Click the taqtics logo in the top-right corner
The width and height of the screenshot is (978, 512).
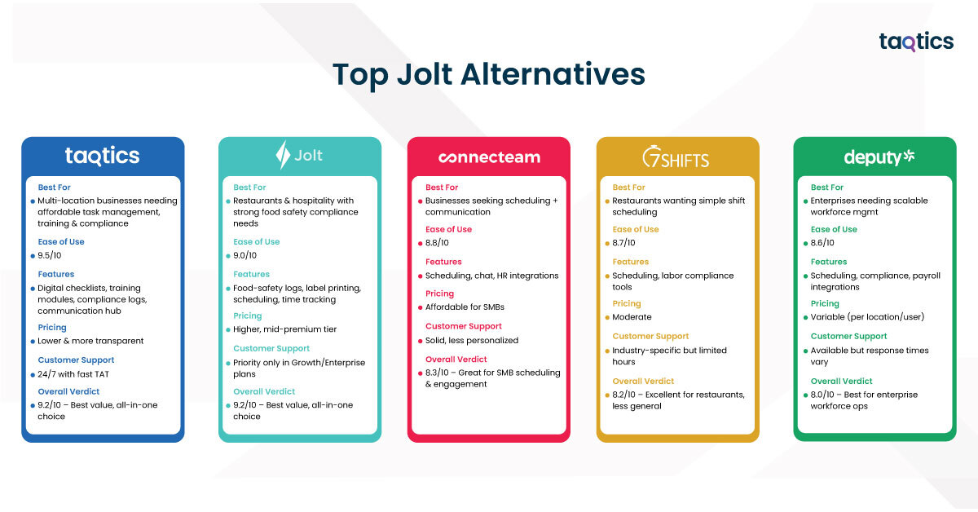[x=916, y=42]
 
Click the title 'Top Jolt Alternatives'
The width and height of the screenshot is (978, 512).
[x=488, y=75]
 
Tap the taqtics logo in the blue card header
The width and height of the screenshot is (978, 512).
[x=102, y=157]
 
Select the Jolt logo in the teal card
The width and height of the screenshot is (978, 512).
[x=299, y=155]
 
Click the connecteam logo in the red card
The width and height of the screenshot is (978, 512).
[x=489, y=157]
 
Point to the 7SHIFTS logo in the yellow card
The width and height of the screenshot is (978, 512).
[x=676, y=157]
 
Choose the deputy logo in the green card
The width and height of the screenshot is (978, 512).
[x=879, y=157]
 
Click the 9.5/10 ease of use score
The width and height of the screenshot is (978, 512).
[x=50, y=255]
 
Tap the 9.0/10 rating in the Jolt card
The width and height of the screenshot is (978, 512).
[x=245, y=255]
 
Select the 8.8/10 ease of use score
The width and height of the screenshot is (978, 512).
[x=437, y=243]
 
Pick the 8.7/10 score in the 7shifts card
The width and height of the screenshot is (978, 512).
[x=624, y=243]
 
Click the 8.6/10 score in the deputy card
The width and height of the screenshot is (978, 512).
[x=822, y=243]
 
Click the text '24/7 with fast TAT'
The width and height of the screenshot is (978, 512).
[x=73, y=374]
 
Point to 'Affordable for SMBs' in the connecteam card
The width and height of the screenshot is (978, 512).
[x=465, y=307]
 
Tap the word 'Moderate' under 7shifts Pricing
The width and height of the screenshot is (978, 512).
[x=632, y=317]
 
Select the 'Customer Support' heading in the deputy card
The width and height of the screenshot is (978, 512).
[x=848, y=337]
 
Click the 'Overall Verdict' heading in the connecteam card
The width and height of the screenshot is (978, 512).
[x=456, y=360]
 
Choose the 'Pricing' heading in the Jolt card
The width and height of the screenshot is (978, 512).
[x=248, y=316]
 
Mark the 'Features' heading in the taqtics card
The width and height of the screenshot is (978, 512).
[x=56, y=275]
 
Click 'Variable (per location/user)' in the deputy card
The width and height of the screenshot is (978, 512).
[x=867, y=317]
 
